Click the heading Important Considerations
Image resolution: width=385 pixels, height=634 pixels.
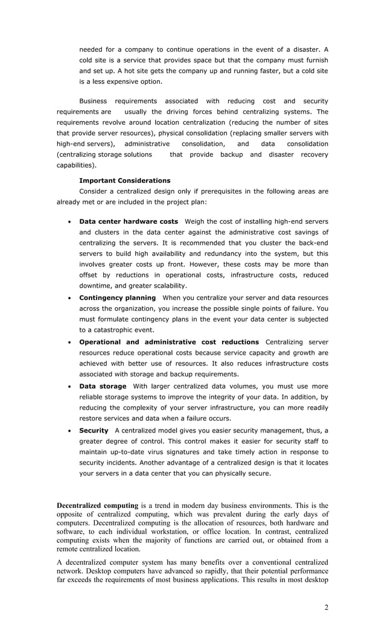[124, 180]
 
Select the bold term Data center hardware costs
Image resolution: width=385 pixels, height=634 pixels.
[129, 221]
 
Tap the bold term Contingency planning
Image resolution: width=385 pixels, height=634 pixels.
[117, 298]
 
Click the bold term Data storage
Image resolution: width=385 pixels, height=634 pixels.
[103, 386]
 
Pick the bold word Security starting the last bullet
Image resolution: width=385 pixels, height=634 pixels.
[94, 430]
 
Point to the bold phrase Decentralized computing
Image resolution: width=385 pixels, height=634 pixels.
[97, 505]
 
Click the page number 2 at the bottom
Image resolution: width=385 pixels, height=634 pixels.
[326, 607]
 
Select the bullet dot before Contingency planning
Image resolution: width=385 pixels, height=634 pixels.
[71, 299]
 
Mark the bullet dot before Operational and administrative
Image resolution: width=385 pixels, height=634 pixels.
[71, 343]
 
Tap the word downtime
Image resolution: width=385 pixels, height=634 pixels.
[95, 286]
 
